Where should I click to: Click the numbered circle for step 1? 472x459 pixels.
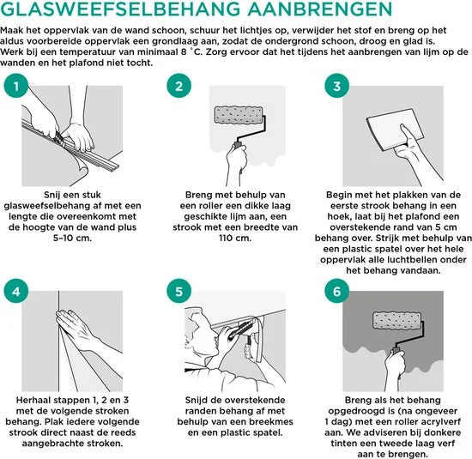[x=16, y=86]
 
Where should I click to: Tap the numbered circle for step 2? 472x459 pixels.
[x=179, y=86]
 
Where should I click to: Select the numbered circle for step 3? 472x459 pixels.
[x=337, y=86]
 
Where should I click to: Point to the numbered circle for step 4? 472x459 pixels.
[x=16, y=291]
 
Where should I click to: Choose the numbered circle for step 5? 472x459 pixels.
[x=179, y=291]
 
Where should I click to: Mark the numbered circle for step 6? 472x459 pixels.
[x=337, y=291]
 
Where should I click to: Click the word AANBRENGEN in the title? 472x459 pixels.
[x=320, y=9]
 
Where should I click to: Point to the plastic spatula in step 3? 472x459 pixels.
[x=395, y=130]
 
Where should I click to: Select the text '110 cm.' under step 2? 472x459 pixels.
[x=235, y=238]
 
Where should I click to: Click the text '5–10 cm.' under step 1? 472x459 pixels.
[x=72, y=238]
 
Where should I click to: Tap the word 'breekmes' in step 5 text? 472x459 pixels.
[x=273, y=421]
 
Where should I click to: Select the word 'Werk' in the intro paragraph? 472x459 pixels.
[x=11, y=52]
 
